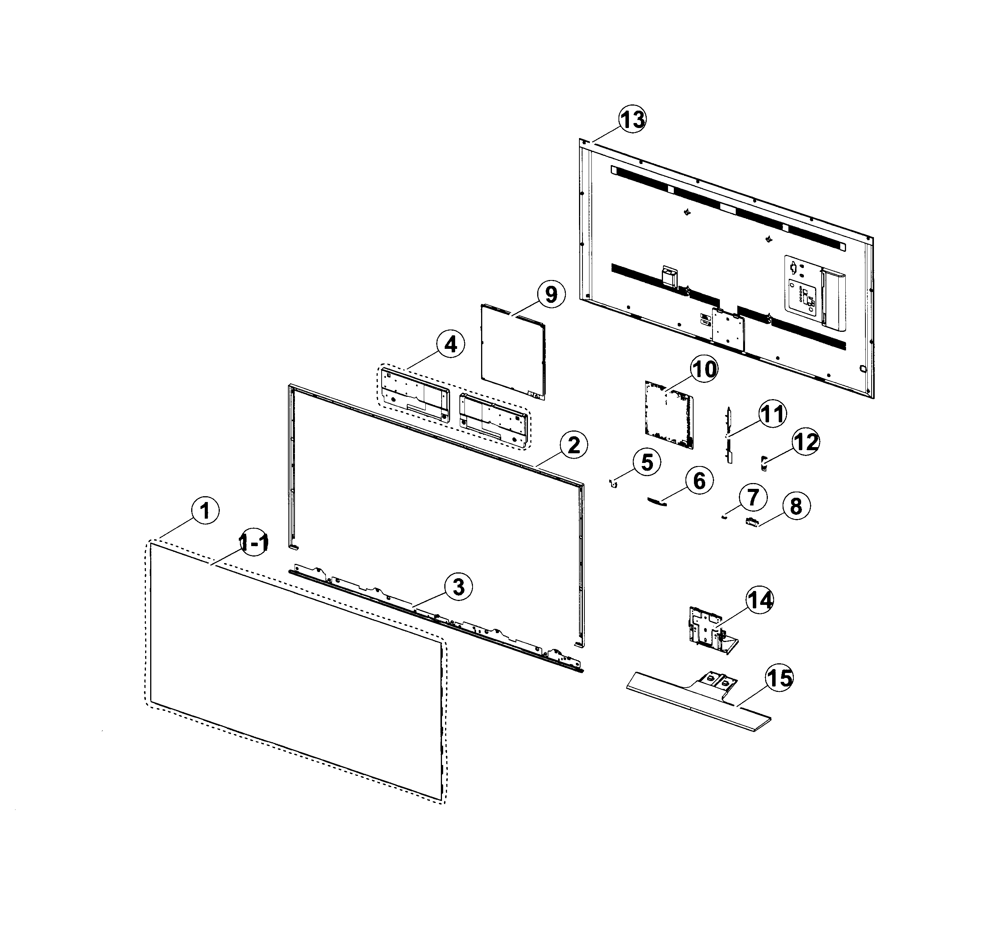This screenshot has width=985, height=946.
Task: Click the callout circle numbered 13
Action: tap(632, 120)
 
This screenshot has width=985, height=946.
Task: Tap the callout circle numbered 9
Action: tap(551, 295)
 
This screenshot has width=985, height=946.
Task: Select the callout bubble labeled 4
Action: tap(450, 345)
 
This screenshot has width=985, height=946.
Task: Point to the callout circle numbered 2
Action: tap(574, 445)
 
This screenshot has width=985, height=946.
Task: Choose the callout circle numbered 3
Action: tap(458, 586)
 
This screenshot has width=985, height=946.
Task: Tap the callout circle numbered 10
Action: tap(704, 369)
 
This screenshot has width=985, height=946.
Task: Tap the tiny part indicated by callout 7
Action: tap(724, 517)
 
